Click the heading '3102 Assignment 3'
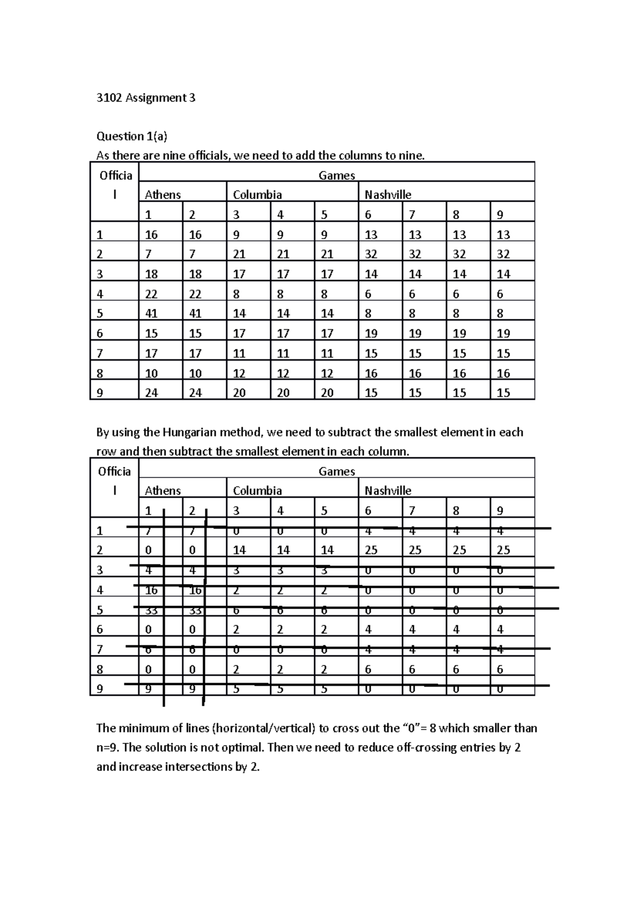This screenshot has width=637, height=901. click(x=145, y=98)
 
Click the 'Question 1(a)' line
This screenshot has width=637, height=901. click(x=132, y=136)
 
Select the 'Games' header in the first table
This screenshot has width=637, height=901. click(x=337, y=176)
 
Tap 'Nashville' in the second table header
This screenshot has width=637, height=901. click(x=388, y=491)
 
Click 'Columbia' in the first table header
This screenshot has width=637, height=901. click(x=257, y=195)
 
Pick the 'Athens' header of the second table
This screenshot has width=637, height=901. click(x=162, y=491)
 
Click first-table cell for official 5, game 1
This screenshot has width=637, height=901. click(x=151, y=314)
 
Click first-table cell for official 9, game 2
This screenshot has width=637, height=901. click(x=195, y=393)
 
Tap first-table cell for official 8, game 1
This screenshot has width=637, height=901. click(x=151, y=374)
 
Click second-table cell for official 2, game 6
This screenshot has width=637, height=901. click(x=371, y=550)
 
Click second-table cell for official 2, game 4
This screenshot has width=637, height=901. click(x=283, y=550)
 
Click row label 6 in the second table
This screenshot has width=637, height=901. click(x=100, y=630)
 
